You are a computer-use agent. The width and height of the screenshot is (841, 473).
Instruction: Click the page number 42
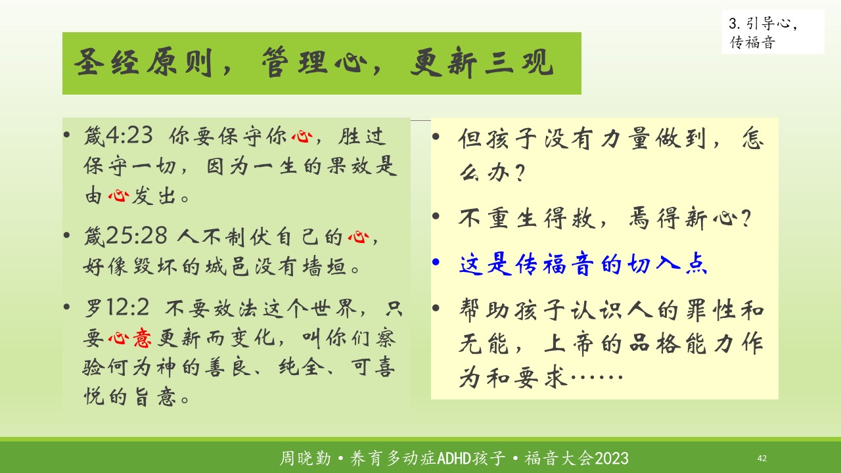[x=761, y=459]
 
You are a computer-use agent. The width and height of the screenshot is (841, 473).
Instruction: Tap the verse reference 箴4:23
[x=118, y=135]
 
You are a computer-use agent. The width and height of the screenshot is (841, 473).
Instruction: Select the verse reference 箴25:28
[x=125, y=236]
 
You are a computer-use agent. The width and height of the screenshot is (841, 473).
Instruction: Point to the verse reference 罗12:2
[x=117, y=308]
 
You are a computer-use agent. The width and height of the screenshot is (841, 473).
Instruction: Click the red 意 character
[x=142, y=338]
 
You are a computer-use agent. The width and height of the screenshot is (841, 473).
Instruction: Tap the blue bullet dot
[x=436, y=261]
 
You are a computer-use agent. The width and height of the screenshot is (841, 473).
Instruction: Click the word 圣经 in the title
[x=106, y=62]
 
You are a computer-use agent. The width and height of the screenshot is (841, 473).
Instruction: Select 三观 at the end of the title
[x=519, y=62]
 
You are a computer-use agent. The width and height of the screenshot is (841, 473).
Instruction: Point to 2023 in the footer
[x=612, y=459]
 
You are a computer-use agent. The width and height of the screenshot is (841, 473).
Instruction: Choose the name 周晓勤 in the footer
[x=306, y=459]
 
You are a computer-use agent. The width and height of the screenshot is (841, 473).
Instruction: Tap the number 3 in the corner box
[x=733, y=24]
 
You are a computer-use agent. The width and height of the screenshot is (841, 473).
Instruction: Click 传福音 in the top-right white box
[x=752, y=43]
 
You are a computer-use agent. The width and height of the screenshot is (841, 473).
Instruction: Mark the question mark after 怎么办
[x=520, y=173]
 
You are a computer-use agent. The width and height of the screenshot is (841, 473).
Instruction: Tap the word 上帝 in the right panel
[x=569, y=344]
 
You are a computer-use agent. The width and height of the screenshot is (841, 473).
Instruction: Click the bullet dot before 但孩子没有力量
[x=436, y=136]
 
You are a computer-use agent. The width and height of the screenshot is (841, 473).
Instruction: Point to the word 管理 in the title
[x=295, y=62]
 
